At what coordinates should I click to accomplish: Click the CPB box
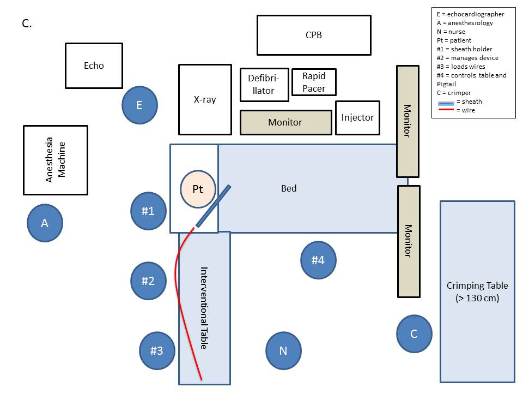(314, 35)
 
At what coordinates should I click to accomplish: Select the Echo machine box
(94, 65)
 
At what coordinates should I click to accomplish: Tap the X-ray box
(205, 99)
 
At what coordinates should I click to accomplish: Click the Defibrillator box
(264, 85)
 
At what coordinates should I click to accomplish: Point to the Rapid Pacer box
(314, 82)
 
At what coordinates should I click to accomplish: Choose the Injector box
(357, 117)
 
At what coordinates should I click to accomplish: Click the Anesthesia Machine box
(55, 160)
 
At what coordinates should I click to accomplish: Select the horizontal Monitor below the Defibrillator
(285, 122)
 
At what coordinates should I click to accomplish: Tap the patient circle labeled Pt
(198, 189)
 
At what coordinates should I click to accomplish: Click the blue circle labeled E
(139, 105)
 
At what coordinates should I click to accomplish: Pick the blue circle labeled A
(45, 223)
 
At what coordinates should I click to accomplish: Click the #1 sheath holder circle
(149, 211)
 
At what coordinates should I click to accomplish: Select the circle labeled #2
(148, 281)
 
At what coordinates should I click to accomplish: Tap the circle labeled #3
(157, 350)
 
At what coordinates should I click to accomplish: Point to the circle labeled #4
(318, 260)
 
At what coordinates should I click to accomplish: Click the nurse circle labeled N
(283, 350)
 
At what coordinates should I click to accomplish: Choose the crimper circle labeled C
(414, 334)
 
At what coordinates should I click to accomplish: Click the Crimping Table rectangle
(477, 291)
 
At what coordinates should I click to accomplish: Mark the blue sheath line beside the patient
(213, 206)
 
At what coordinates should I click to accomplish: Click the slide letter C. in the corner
(27, 23)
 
